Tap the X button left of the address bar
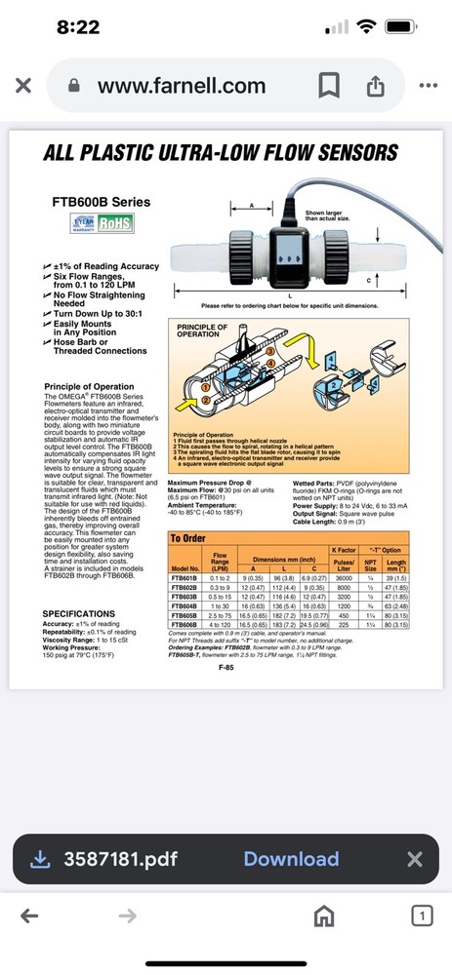click(23, 86)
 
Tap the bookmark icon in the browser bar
click(328, 86)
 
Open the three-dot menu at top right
click(429, 86)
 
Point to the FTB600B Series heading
click(101, 203)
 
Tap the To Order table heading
click(189, 537)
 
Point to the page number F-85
click(226, 667)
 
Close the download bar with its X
click(414, 858)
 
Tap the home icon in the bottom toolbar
click(323, 916)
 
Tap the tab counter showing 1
click(421, 916)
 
